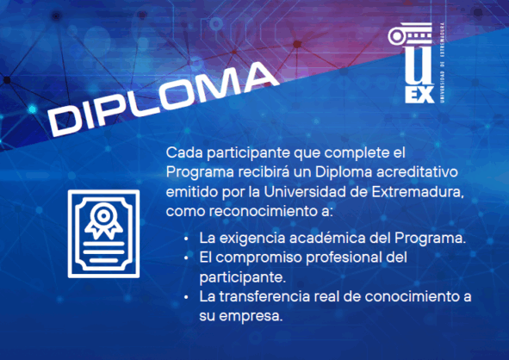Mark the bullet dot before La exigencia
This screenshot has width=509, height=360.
pos(188,239)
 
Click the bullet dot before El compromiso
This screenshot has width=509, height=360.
pos(188,258)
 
